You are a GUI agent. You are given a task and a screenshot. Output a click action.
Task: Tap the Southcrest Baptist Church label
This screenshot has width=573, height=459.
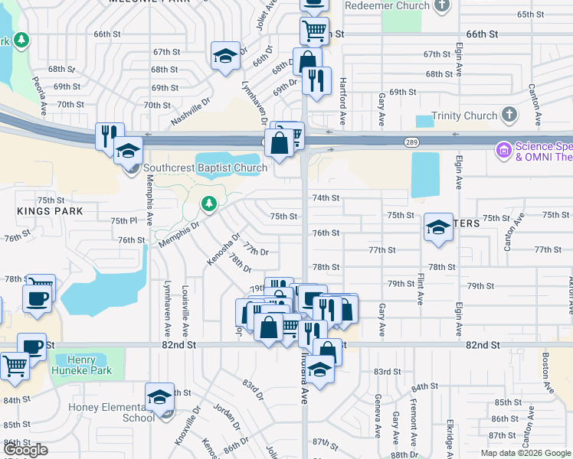[205, 168]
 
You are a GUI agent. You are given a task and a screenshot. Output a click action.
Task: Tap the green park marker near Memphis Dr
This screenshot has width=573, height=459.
[208, 203]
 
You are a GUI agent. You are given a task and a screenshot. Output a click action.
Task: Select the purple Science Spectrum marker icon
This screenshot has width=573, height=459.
[503, 150]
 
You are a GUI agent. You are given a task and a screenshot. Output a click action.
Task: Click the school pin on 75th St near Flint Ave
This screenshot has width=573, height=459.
[438, 227]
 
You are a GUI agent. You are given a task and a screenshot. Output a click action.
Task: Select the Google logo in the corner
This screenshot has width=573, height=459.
[25, 451]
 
